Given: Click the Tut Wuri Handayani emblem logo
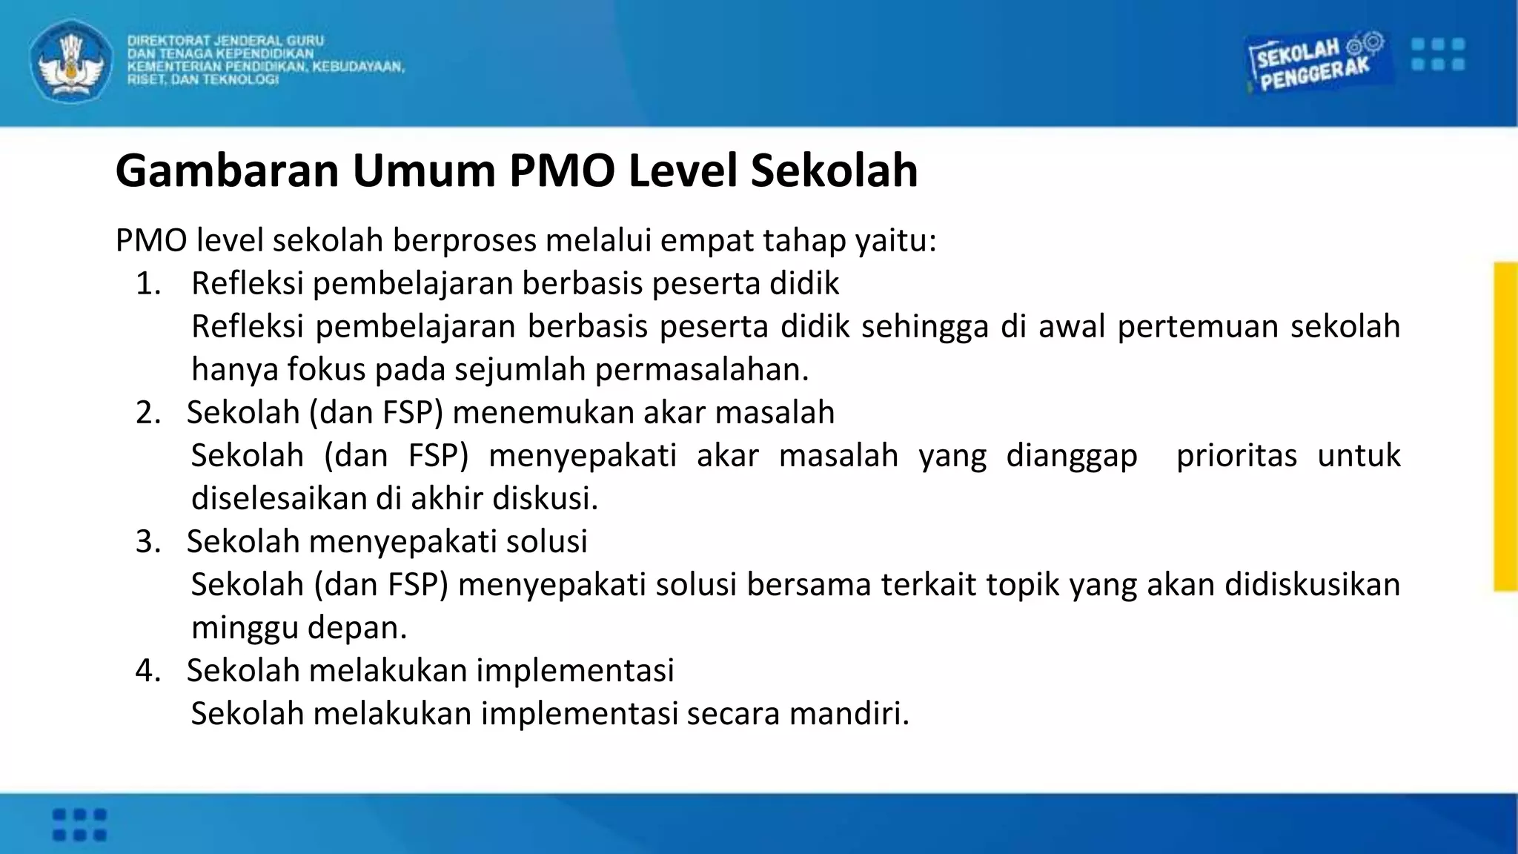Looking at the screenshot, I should [x=71, y=62].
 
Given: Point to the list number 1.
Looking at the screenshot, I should [x=148, y=284].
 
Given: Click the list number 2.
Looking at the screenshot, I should [x=148, y=413].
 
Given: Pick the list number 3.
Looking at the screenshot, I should [x=148, y=542].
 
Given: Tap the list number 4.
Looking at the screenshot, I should [x=148, y=671].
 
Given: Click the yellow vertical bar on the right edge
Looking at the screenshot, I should [x=1505, y=426].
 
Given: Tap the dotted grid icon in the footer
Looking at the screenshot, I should [x=79, y=824].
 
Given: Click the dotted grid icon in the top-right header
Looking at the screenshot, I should [x=1437, y=54].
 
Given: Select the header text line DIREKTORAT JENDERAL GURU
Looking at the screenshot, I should [x=225, y=41].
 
